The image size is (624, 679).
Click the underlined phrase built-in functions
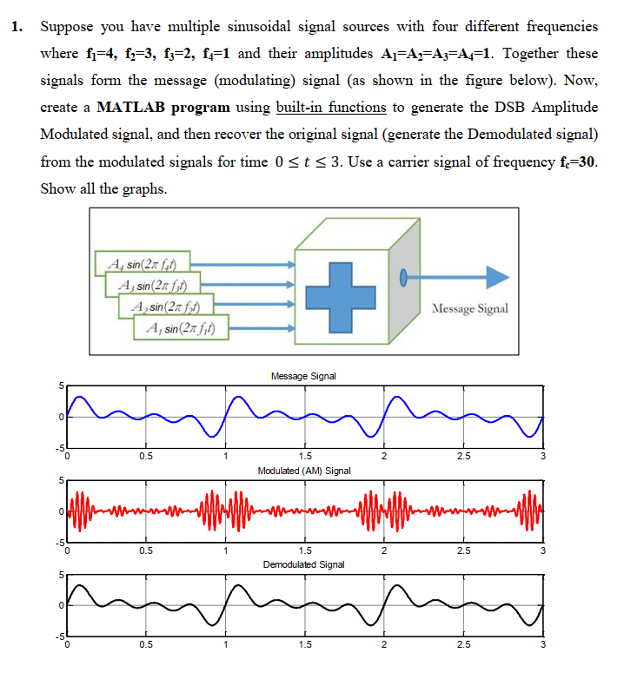pyautogui.click(x=330, y=108)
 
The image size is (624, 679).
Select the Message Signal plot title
pyautogui.click(x=303, y=376)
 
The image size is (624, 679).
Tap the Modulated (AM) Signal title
pyautogui.click(x=304, y=471)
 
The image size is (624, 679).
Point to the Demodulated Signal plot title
pyautogui.click(x=303, y=564)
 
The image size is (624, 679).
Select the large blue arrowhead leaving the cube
pyautogui.click(x=496, y=277)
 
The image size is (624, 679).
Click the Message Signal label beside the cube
pyautogui.click(x=470, y=308)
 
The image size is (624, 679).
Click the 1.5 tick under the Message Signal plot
pyautogui.click(x=304, y=458)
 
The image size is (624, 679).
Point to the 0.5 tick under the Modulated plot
pyautogui.click(x=146, y=551)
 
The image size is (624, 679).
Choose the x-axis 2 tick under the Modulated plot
pyautogui.click(x=383, y=551)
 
